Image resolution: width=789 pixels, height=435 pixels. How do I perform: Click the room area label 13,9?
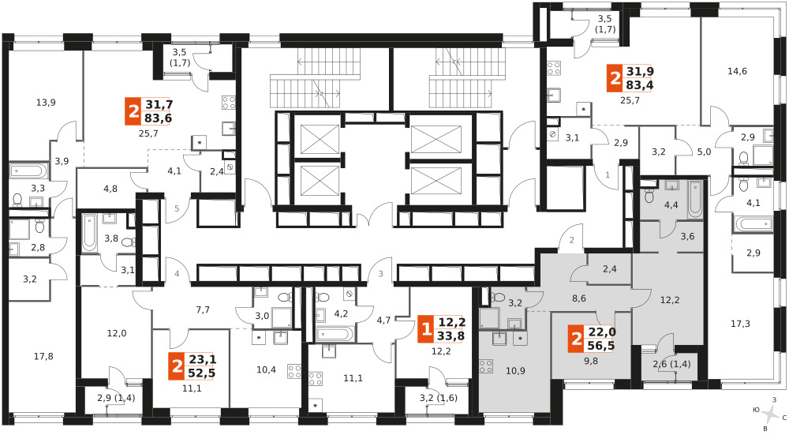[46, 103]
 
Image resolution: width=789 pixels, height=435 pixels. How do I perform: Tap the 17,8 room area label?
[43, 357]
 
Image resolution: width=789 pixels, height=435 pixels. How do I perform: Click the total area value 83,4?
[640, 85]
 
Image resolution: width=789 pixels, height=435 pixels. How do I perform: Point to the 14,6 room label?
[737, 71]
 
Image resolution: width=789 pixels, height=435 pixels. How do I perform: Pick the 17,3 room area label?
[740, 324]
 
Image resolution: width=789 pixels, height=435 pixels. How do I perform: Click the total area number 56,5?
[600, 346]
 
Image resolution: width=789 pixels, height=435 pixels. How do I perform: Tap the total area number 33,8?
[451, 336]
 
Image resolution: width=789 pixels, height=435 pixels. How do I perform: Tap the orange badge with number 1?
[426, 329]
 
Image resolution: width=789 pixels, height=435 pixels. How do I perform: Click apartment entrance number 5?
[177, 208]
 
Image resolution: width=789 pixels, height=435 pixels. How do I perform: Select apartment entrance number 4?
[177, 275]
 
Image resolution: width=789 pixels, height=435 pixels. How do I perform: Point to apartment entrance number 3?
[381, 275]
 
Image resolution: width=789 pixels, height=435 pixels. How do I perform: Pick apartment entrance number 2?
[571, 241]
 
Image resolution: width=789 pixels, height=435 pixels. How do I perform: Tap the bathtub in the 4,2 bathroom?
[335, 334]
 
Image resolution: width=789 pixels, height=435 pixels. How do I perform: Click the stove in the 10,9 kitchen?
[486, 366]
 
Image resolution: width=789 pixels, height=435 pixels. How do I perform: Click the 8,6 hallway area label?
[579, 298]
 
